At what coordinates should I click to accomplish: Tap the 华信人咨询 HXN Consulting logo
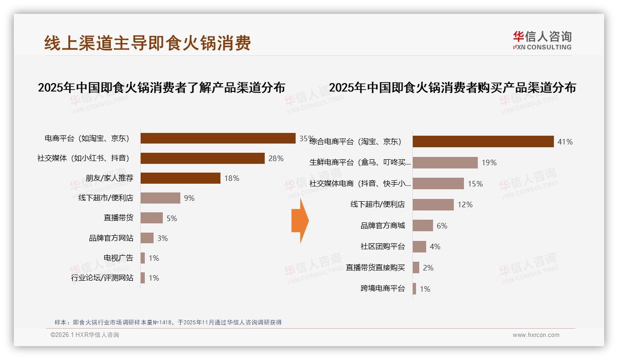[542, 41]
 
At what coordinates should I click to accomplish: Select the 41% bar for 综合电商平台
[483, 142]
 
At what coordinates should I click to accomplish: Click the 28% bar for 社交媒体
[202, 158]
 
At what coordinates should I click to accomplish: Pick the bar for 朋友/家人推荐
[180, 178]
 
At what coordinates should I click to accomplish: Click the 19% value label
[489, 162]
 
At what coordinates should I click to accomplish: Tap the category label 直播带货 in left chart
[119, 218]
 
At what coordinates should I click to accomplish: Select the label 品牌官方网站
[111, 238]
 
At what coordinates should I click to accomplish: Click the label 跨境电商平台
[382, 288]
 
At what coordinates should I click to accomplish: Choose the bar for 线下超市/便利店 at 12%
[433, 204]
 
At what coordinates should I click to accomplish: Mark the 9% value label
[189, 198]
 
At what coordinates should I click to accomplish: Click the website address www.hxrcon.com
[536, 335]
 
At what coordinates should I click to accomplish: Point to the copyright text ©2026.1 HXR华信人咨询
[85, 335]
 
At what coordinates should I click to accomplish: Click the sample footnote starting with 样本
[168, 323]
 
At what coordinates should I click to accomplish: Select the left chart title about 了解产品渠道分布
[161, 88]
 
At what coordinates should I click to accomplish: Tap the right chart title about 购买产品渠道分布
[452, 88]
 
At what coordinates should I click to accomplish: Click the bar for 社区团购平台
[419, 246]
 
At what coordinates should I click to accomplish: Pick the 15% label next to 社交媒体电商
[475, 184]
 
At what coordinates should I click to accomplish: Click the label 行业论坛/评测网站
[102, 278]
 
